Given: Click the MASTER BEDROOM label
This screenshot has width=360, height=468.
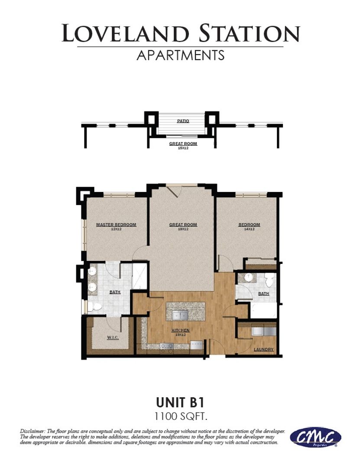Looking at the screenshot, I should [116, 224].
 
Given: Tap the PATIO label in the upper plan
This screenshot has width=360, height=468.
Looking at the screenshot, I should [183, 121].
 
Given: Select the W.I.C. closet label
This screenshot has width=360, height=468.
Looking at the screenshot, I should [113, 337].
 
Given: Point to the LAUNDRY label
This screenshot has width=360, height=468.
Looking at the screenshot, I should [263, 349].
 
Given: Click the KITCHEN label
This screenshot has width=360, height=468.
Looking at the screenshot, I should [180, 330].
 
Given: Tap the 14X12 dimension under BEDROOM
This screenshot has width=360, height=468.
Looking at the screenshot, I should [249, 229].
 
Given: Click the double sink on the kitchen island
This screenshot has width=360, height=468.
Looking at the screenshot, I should [180, 314].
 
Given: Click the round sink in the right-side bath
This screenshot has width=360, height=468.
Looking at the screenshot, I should [248, 277].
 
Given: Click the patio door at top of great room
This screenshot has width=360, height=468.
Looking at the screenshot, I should [175, 190].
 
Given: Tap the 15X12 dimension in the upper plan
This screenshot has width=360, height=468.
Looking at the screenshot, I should [183, 148].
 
